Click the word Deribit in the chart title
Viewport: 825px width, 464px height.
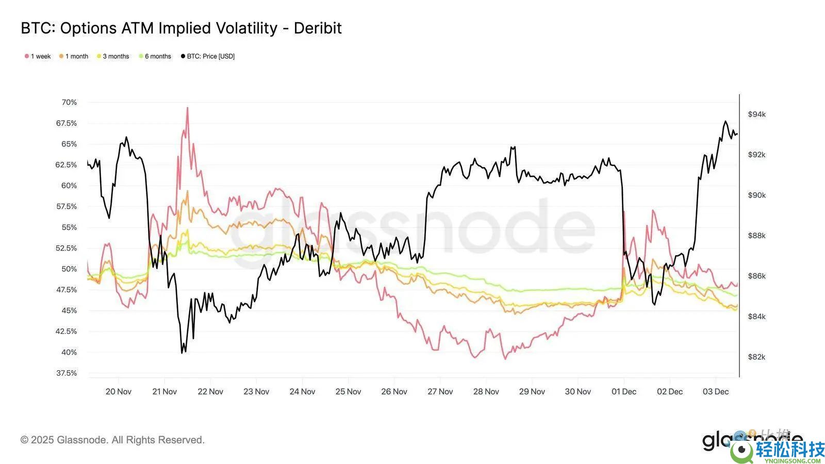point(318,28)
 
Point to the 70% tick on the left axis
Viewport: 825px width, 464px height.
point(69,102)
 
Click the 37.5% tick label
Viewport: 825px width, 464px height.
point(67,373)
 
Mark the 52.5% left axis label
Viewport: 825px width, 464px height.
point(67,248)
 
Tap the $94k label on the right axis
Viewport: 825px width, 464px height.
point(757,114)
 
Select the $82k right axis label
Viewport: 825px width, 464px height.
point(757,357)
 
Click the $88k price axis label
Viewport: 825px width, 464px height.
point(757,236)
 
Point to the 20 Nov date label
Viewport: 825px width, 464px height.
point(119,392)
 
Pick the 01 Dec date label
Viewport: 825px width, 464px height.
point(624,392)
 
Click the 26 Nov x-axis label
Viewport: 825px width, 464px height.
point(394,392)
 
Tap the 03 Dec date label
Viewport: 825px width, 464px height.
point(716,392)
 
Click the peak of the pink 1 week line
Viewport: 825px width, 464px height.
point(187,108)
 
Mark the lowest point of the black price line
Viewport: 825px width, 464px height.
point(182,353)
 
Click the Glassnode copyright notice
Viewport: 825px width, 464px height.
point(112,440)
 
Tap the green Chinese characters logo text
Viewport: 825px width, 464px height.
point(790,450)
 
